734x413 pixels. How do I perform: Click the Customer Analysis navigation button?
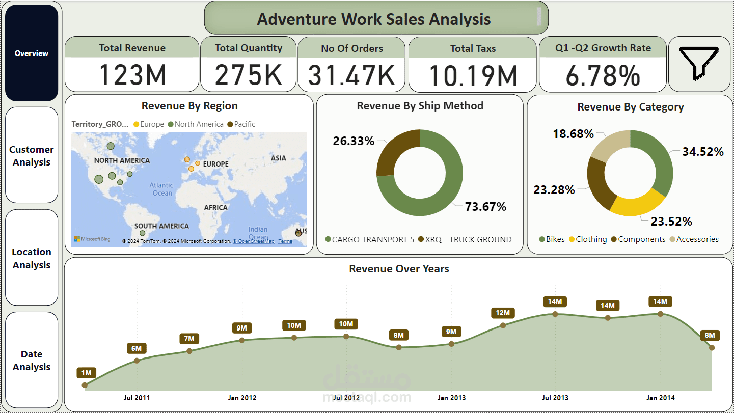[32, 155]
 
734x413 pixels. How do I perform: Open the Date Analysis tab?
[32, 360]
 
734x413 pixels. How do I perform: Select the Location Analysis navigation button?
[32, 258]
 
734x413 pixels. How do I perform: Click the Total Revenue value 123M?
[132, 75]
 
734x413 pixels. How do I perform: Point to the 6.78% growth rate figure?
[603, 75]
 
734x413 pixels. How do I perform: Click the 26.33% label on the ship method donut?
[354, 141]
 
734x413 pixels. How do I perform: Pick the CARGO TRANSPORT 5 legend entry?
[370, 239]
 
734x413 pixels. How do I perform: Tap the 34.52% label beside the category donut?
[703, 152]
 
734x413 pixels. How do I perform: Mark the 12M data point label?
[503, 313]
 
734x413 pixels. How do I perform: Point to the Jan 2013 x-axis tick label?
[451, 398]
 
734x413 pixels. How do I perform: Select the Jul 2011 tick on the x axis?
[137, 398]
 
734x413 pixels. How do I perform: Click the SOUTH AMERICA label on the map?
[161, 226]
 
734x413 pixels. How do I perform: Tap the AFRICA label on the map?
[216, 207]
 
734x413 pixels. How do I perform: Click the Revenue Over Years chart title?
[399, 269]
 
